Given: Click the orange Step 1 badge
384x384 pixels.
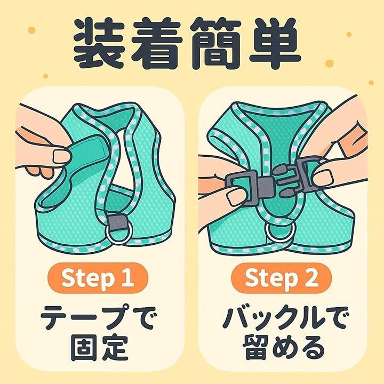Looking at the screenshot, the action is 98,278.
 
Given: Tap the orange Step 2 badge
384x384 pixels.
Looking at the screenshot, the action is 282,278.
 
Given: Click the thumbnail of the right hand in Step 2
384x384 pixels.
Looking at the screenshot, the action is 323,177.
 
